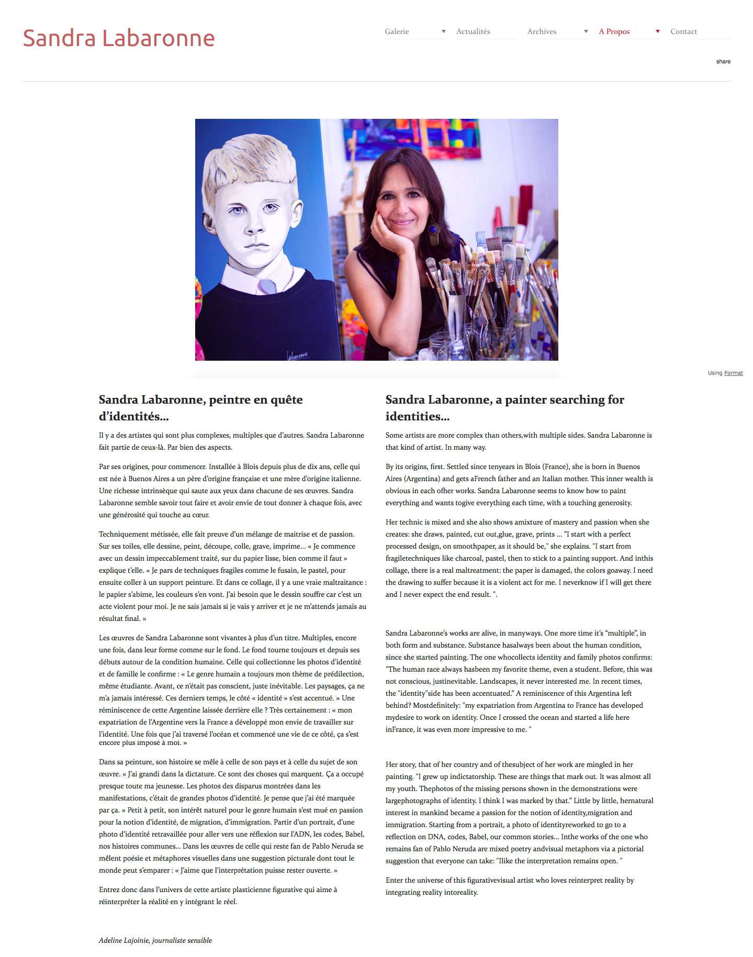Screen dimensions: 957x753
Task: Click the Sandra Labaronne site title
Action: click(119, 38)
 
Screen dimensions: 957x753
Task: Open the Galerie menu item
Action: click(397, 31)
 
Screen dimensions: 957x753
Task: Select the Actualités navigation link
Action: click(473, 31)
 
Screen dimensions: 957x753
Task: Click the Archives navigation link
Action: click(542, 31)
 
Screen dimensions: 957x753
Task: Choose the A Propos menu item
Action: click(614, 31)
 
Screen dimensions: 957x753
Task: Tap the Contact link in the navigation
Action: click(683, 31)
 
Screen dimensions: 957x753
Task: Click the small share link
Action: click(723, 61)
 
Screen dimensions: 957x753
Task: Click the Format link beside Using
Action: click(733, 373)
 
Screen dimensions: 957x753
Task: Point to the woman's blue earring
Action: click(434, 230)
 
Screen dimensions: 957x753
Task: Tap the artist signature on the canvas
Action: click(298, 354)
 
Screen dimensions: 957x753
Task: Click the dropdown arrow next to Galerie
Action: click(443, 31)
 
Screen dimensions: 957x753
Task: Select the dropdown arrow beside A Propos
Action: click(657, 31)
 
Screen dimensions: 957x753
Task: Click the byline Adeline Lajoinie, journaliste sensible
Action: click(155, 940)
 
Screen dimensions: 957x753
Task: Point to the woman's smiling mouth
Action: click(404, 222)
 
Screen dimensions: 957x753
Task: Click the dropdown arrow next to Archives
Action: click(586, 31)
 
